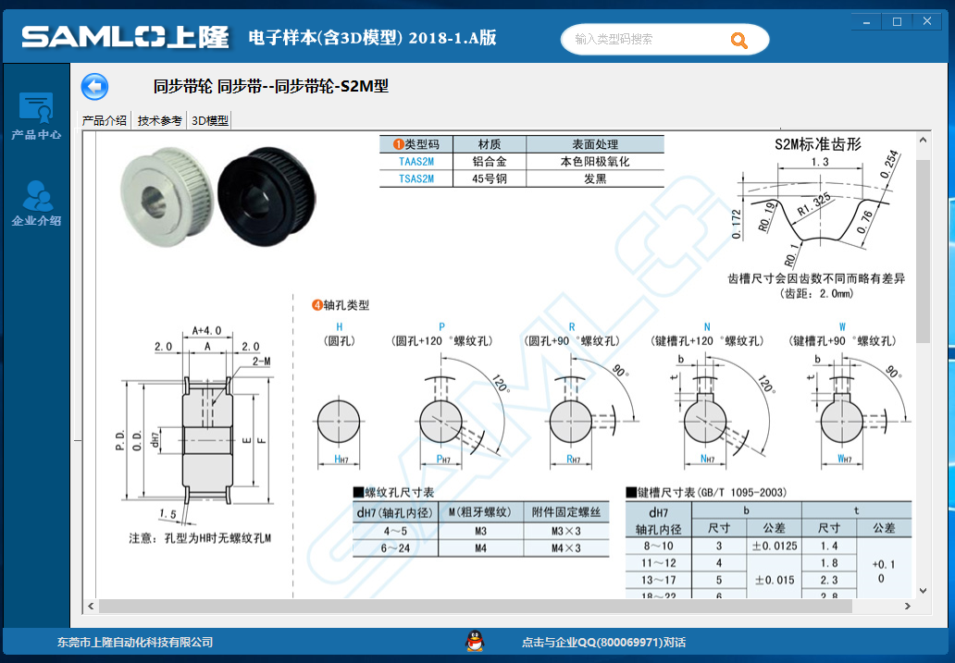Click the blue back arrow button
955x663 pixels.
[94, 87]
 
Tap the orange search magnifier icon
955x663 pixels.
[738, 40]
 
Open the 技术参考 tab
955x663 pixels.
[159, 120]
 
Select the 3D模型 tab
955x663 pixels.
[210, 120]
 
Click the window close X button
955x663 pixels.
[927, 21]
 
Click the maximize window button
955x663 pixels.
[897, 21]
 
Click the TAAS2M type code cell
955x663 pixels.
[416, 161]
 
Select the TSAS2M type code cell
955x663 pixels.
[416, 178]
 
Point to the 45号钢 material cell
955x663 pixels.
[490, 178]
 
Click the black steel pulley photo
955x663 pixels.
[267, 196]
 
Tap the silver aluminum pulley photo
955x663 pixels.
[167, 196]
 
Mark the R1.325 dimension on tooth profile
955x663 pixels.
[813, 204]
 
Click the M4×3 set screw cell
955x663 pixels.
[566, 548]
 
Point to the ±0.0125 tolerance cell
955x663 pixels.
[775, 546]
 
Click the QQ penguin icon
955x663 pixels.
[475, 641]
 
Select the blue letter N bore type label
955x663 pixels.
[707, 327]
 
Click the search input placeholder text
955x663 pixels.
[614, 40]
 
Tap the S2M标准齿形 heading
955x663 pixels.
[818, 144]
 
